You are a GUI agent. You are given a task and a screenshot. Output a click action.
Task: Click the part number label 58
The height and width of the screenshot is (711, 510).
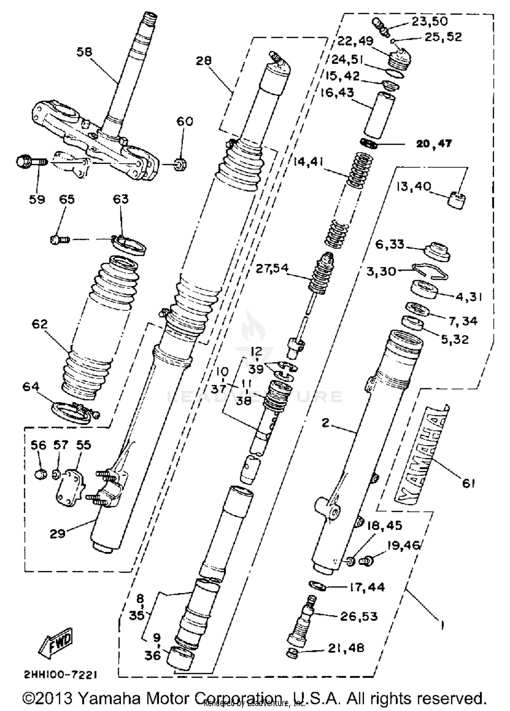85,52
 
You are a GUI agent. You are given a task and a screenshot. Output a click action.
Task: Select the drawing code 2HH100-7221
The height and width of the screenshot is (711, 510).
61,674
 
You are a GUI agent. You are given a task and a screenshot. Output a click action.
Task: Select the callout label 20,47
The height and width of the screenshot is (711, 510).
434,144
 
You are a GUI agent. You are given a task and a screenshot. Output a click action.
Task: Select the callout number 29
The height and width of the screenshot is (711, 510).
57,534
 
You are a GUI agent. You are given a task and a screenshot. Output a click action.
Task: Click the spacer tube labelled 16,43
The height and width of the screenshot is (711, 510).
379,115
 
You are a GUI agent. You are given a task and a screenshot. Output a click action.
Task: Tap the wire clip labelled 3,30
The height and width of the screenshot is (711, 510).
430,271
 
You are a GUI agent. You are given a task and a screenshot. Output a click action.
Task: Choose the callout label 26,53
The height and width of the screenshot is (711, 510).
359,616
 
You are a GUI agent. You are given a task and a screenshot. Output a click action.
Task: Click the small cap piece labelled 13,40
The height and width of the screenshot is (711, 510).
456,200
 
